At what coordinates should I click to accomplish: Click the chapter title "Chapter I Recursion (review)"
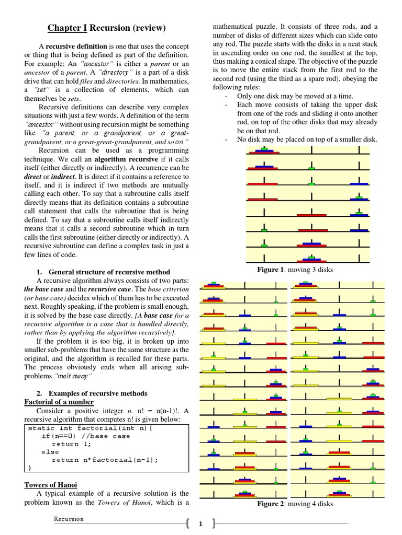click(107, 27)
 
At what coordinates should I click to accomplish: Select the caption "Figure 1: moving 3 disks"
click(295, 270)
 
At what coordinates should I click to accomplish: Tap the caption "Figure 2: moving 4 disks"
click(295, 504)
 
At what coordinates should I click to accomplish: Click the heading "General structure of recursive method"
click(109, 272)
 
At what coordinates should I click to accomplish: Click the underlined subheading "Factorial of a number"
click(59, 402)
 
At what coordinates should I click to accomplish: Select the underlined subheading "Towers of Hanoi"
click(51, 485)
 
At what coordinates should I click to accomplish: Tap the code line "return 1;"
click(72, 444)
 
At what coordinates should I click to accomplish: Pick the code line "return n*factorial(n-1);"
click(105, 460)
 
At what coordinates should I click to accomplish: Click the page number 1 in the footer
click(200, 524)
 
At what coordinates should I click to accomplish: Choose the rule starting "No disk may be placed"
click(307, 139)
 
